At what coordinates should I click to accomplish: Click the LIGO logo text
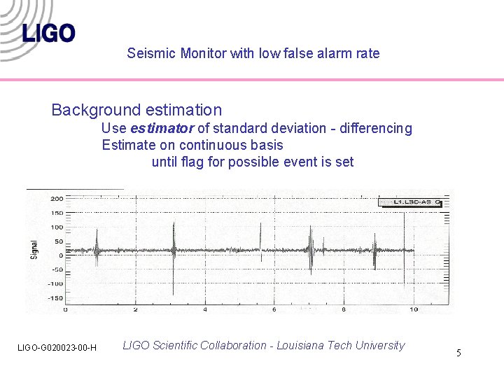tap(48, 33)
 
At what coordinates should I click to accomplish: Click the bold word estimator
tap(162, 128)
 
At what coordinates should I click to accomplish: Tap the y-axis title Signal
tap(34, 248)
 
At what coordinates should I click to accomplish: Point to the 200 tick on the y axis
tap(56, 199)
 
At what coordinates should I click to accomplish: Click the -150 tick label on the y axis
tap(55, 298)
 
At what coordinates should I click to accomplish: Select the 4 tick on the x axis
tap(205, 309)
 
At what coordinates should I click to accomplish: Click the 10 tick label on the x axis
tap(414, 309)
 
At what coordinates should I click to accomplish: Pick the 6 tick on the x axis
tap(275, 309)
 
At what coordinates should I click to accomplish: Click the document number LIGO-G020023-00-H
tap(57, 348)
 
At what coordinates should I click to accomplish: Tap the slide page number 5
tap(458, 353)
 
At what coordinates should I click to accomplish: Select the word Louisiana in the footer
tap(302, 345)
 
